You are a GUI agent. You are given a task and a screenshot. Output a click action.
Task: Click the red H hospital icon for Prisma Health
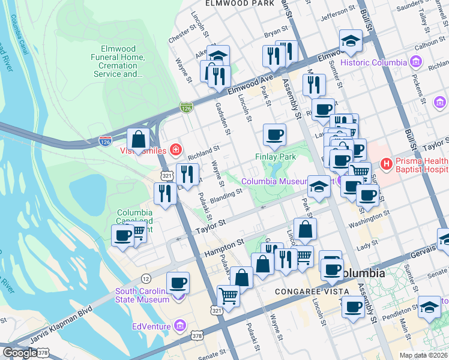386,163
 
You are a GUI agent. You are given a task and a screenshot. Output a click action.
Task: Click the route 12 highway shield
146,278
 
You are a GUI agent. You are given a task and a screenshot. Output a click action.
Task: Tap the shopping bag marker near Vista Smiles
139,140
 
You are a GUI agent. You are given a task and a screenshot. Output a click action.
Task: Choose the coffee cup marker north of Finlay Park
274,135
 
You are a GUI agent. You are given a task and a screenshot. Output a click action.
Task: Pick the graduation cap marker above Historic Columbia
351,41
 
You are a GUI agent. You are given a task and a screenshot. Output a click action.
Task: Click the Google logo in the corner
20,353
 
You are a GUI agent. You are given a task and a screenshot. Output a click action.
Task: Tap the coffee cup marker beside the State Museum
178,282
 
